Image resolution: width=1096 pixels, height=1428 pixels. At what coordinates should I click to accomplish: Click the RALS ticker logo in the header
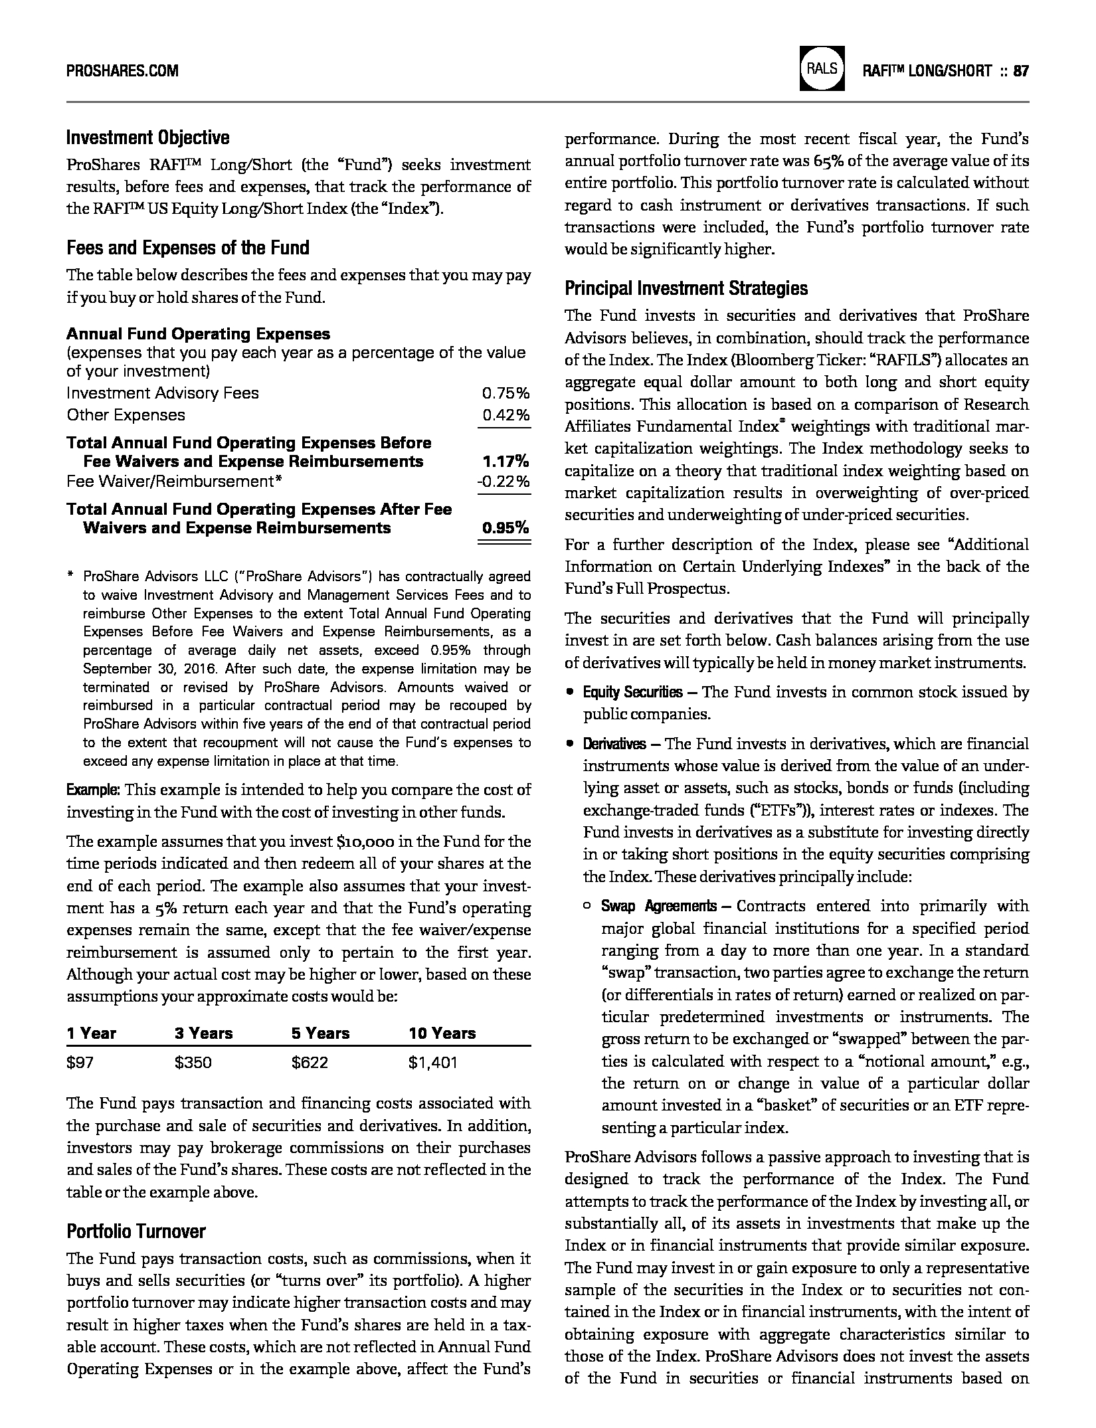[x=822, y=68]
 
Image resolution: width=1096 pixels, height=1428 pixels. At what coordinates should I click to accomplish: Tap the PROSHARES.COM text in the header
[x=122, y=70]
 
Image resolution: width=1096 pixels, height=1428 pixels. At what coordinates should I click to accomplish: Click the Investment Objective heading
[x=147, y=137]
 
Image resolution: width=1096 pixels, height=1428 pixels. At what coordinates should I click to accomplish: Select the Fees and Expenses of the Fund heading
[x=187, y=248]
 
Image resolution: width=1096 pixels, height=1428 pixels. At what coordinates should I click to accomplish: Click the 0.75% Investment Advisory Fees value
[x=505, y=393]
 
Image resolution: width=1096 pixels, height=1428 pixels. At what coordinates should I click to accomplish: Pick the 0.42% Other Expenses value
[x=505, y=415]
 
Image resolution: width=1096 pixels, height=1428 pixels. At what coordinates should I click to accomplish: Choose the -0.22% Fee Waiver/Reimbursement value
[x=504, y=481]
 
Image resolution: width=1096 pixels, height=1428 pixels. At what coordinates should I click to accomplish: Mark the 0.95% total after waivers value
[x=505, y=528]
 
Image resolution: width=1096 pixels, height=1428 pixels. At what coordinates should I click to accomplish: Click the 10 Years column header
[x=442, y=1033]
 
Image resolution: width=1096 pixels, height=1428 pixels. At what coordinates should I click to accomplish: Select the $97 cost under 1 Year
[x=80, y=1063]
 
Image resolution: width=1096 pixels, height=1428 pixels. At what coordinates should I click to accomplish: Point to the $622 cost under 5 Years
[x=310, y=1063]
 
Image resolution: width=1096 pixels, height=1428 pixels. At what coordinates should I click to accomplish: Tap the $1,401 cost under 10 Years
[x=433, y=1063]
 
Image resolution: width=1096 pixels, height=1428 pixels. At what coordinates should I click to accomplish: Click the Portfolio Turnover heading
[x=136, y=1231]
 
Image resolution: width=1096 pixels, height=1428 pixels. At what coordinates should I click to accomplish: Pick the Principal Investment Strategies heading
[x=686, y=288]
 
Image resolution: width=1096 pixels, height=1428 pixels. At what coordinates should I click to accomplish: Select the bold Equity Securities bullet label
[x=632, y=692]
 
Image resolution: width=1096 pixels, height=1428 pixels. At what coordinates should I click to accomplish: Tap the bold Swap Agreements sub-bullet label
[x=658, y=906]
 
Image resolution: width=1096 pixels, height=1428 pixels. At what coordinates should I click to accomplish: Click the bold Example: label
[x=93, y=790]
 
